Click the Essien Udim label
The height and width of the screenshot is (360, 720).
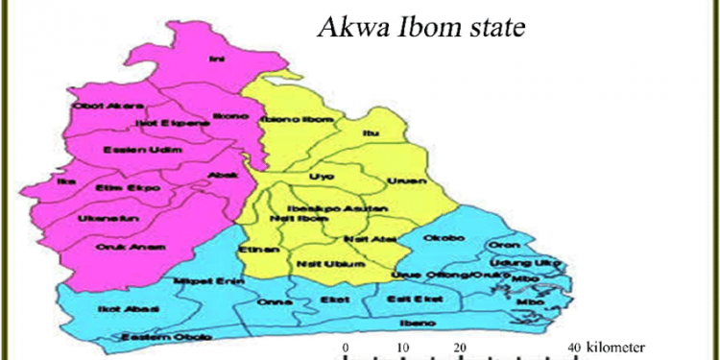129,150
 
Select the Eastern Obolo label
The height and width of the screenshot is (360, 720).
152,337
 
